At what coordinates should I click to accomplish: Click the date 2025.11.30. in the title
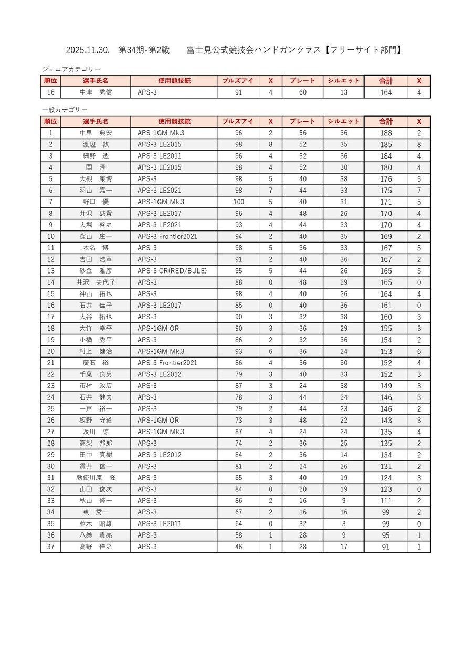tap(88, 50)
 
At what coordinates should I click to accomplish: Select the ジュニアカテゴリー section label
tap(71, 69)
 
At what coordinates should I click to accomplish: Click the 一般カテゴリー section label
tap(65, 110)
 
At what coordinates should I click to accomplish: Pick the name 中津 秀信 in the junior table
tap(96, 92)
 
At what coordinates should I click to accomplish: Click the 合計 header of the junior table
tap(386, 81)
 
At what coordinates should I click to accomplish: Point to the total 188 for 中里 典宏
tap(386, 133)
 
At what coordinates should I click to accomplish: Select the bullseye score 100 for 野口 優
tap(238, 202)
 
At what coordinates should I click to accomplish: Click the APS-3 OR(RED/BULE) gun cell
tap(172, 271)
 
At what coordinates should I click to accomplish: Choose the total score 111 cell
tap(386, 501)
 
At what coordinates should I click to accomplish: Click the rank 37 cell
tap(50, 547)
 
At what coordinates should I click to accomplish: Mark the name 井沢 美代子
tap(96, 282)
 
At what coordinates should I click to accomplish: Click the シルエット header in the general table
tap(343, 121)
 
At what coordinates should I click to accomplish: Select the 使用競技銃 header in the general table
tap(174, 121)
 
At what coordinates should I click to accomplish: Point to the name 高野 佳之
tap(96, 547)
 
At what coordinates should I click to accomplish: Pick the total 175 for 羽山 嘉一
tap(386, 191)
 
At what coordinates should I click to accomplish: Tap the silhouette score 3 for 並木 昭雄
tap(343, 524)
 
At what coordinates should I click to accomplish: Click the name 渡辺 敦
tap(96, 144)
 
